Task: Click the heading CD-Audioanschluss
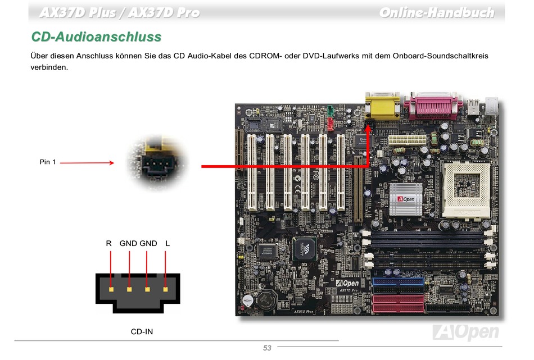(x=96, y=37)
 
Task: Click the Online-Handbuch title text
(x=436, y=12)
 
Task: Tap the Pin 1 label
(x=48, y=162)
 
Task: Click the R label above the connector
(x=108, y=243)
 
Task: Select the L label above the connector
(x=168, y=243)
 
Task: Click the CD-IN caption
(x=142, y=331)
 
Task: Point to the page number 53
(x=267, y=348)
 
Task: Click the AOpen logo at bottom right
(x=465, y=332)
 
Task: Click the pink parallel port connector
(x=436, y=106)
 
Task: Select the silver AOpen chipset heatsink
(x=406, y=199)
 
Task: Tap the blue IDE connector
(x=398, y=281)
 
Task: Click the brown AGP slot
(x=357, y=188)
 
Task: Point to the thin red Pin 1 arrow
(x=87, y=163)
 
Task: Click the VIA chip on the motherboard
(x=305, y=247)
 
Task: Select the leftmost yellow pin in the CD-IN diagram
(x=111, y=289)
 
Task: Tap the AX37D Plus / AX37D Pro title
(x=119, y=12)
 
